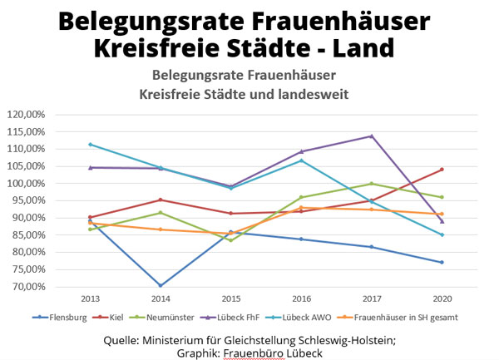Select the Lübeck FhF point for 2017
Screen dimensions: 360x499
371,136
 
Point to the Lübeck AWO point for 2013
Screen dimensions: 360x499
90,145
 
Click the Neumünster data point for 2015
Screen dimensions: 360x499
231,240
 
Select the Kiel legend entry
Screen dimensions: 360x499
121,318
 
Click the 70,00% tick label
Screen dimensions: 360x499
31,287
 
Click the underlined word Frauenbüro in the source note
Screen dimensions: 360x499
254,351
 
